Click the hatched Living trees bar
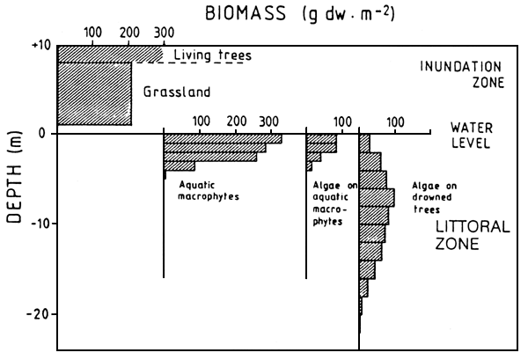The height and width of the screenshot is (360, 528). (110, 54)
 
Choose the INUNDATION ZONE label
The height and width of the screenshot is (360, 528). (459, 75)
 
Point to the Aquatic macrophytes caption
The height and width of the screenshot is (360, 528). (209, 191)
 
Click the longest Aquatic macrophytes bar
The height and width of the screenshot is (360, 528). (223, 138)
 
